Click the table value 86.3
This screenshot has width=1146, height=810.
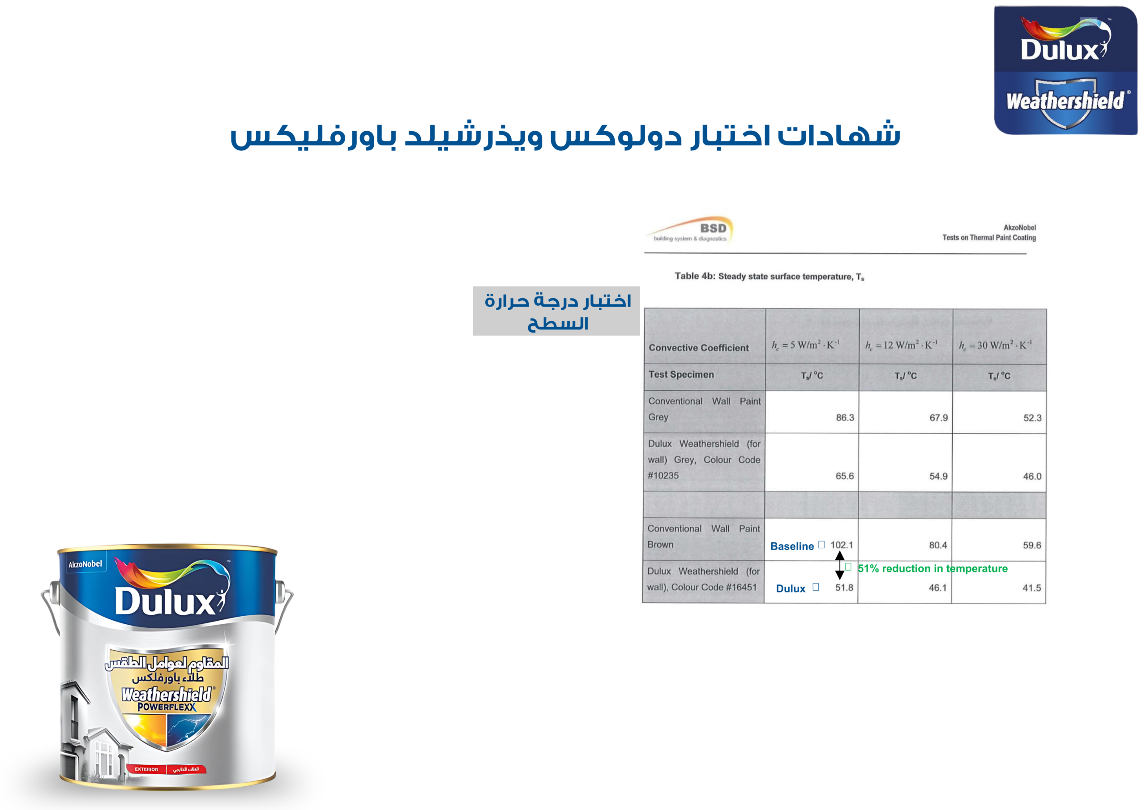845,417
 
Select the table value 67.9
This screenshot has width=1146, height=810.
938,417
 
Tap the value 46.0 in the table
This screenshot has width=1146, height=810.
1032,476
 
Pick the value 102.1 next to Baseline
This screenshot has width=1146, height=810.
842,545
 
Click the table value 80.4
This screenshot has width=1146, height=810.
938,545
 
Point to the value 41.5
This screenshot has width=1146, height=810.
1032,588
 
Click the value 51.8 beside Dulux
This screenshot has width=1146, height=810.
844,588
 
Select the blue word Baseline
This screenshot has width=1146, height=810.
792,546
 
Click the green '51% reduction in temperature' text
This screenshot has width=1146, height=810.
932,568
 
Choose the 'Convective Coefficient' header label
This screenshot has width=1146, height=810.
699,348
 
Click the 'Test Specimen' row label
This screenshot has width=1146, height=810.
681,374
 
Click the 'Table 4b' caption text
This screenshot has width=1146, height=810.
769,277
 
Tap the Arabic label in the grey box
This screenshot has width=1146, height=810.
556,311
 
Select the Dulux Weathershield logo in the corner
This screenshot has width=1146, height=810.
1065,70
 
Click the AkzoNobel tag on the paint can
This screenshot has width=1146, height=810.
85,564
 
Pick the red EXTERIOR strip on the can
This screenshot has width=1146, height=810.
166,769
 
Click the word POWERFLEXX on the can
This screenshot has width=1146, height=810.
167,707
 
